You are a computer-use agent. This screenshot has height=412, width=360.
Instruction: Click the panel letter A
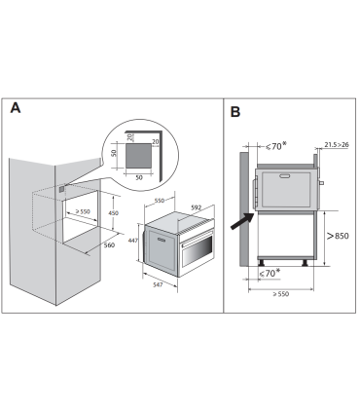coord(16,108)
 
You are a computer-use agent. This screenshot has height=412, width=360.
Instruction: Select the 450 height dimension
coord(113,214)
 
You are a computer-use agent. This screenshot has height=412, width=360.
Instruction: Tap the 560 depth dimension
coord(110,245)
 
